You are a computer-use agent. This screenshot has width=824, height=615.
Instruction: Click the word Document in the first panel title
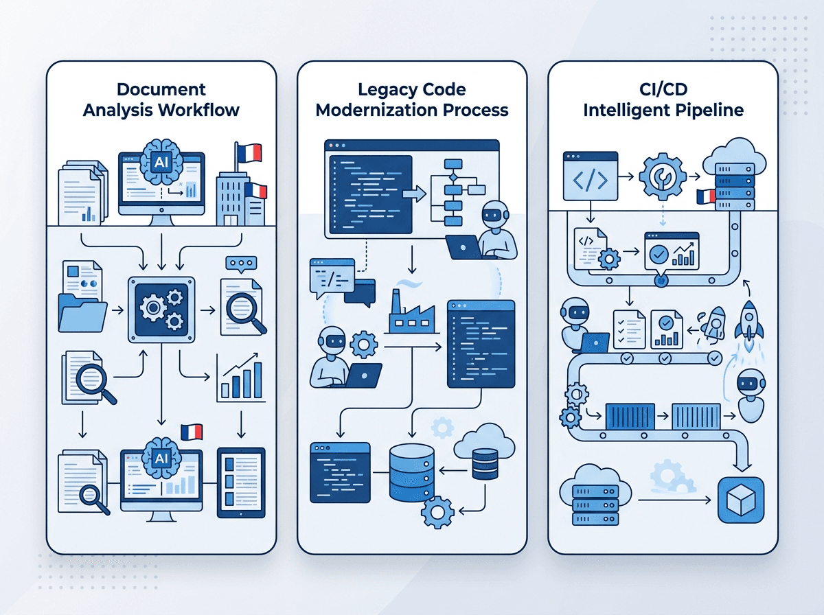point(161,90)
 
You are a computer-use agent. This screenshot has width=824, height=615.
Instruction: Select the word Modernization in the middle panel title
point(377,111)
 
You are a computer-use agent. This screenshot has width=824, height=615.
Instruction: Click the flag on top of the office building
point(248,152)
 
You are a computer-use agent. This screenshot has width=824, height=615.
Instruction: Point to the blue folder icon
point(82,312)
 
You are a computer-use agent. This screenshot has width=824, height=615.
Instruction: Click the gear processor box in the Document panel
point(161,310)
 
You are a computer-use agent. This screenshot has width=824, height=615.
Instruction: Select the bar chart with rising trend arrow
point(240,377)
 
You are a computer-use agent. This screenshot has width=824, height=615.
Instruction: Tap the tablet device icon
point(241,483)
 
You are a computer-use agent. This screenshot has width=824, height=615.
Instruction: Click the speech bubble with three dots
point(241,264)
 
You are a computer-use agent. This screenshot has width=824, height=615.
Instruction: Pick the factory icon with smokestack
point(412,312)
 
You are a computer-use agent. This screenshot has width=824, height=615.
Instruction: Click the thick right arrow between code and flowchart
point(414,194)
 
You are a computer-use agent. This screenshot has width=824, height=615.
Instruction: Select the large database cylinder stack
point(412,473)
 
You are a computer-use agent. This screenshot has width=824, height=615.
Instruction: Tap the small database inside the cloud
point(485,464)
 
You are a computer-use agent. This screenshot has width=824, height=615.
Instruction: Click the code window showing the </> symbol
point(591,176)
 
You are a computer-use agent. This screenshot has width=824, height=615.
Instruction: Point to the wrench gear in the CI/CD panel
point(663,176)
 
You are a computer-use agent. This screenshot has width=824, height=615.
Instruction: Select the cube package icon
point(741,500)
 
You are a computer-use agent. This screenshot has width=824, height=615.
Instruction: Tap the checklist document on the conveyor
point(629,329)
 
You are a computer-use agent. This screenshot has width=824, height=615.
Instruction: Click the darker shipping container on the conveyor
point(630,416)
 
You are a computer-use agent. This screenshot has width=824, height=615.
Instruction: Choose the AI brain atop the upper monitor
point(161,162)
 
